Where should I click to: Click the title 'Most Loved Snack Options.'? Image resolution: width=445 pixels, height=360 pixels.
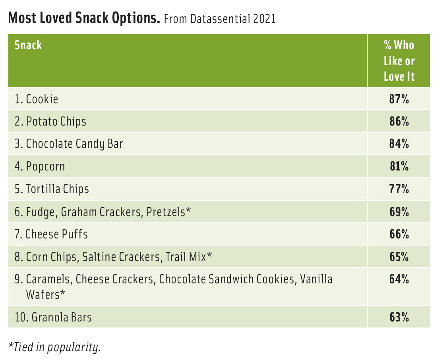(84, 18)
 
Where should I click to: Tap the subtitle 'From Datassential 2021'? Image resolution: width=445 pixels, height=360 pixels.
(219, 19)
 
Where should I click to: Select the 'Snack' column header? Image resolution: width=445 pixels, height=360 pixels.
(28, 45)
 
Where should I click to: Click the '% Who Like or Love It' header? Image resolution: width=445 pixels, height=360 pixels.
(399, 61)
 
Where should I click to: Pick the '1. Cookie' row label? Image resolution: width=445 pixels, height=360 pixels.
(36, 99)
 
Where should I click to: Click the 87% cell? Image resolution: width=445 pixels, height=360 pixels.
(399, 99)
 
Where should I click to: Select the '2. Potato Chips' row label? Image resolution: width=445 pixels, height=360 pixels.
(50, 121)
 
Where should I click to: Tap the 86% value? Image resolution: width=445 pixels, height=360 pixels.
(399, 121)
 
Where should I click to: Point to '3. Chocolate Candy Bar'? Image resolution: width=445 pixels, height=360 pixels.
(69, 143)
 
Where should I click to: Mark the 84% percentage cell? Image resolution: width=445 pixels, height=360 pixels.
(399, 143)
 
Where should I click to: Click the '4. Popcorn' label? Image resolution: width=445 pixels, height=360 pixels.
(40, 166)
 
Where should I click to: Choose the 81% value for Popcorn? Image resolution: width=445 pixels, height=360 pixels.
(399, 166)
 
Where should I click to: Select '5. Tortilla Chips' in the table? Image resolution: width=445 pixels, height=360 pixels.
(52, 189)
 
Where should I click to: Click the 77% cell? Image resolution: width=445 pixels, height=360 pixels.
(399, 189)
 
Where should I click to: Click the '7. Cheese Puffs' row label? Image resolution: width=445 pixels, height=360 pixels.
(51, 234)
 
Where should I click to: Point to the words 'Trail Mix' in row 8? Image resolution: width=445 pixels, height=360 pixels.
(186, 257)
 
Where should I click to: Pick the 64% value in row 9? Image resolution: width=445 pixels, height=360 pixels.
(399, 279)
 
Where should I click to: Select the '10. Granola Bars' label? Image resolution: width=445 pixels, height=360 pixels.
(53, 317)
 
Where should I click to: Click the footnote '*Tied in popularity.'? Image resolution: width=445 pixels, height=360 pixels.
(54, 347)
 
